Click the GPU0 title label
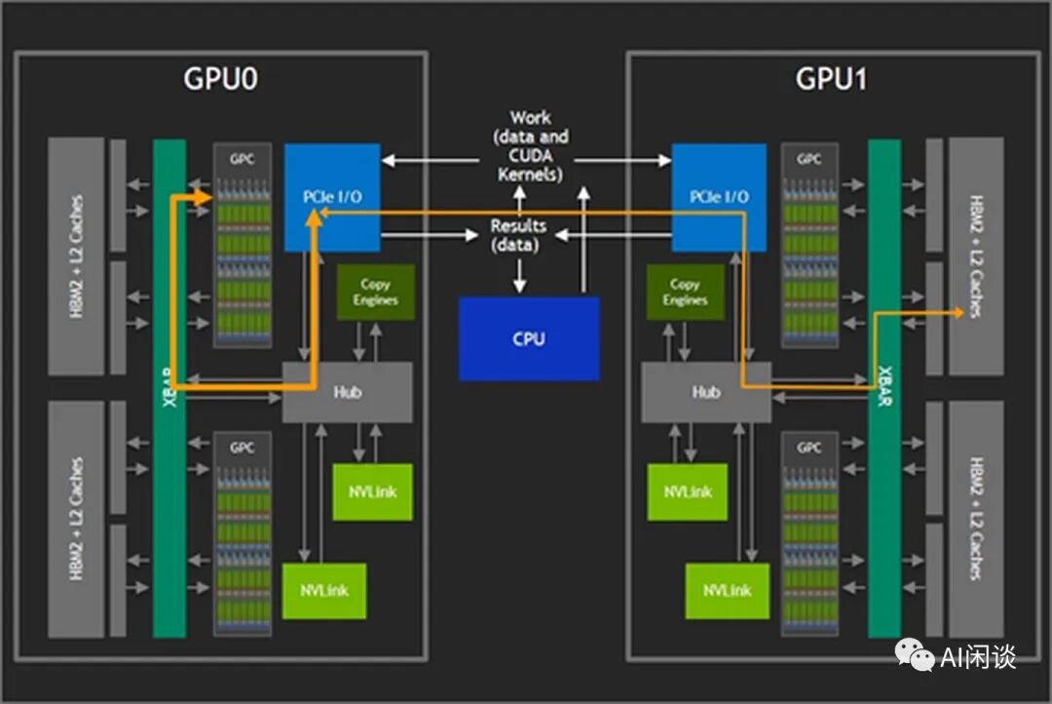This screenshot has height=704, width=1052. pyautogui.click(x=220, y=79)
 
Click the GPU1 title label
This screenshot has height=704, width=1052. pyautogui.click(x=832, y=79)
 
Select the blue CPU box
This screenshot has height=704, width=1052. pyautogui.click(x=529, y=339)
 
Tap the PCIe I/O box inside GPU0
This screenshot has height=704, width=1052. pyautogui.click(x=332, y=197)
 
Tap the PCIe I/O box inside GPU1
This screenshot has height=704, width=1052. pyautogui.click(x=719, y=197)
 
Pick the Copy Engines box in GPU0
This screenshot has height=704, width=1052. pyautogui.click(x=375, y=293)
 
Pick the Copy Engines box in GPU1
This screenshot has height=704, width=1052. pyautogui.click(x=685, y=293)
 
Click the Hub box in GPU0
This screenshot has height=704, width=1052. pyautogui.click(x=347, y=392)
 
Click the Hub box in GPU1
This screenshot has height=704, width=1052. pyautogui.click(x=705, y=392)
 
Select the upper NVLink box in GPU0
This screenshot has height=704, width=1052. pyautogui.click(x=372, y=492)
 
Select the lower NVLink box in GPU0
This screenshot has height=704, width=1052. pyautogui.click(x=323, y=590)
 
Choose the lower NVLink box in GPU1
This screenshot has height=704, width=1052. pyautogui.click(x=727, y=590)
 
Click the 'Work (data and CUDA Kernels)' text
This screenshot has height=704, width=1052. pyautogui.click(x=530, y=146)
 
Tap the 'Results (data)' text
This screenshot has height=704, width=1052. pyautogui.click(x=518, y=235)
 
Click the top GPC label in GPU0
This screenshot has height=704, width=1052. pyautogui.click(x=242, y=158)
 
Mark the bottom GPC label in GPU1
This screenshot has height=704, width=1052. pyautogui.click(x=808, y=448)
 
